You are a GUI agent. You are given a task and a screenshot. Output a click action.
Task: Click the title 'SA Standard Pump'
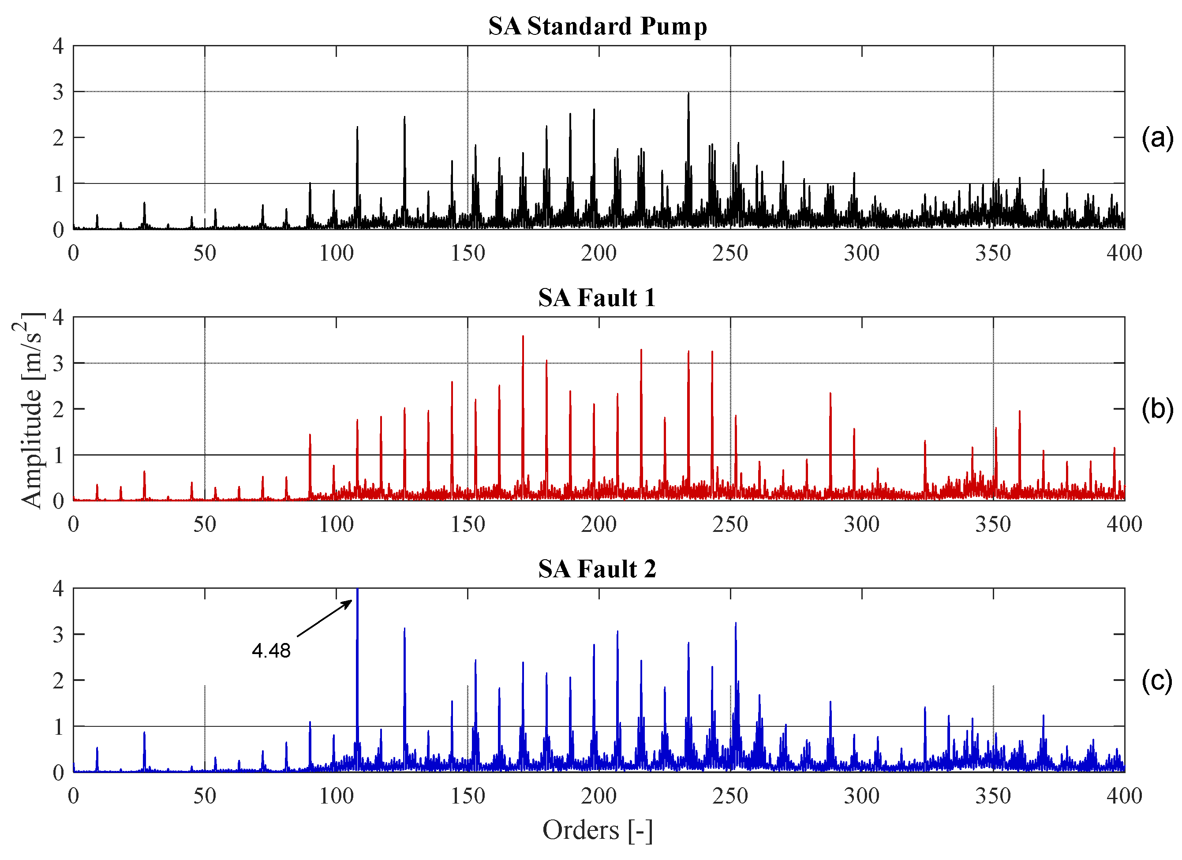[x=597, y=26]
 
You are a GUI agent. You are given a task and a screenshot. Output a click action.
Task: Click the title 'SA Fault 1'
[x=597, y=298]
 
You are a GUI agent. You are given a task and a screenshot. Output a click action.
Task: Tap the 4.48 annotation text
[x=271, y=651]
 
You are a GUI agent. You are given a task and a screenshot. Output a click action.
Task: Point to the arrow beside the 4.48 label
[x=324, y=618]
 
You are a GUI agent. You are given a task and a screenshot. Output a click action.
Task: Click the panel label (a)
[x=1157, y=138]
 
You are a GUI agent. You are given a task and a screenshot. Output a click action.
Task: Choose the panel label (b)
[x=1157, y=409]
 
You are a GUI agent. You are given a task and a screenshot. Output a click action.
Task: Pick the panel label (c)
[x=1157, y=681]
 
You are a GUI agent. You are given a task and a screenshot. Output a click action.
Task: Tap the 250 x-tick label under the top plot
[x=730, y=253]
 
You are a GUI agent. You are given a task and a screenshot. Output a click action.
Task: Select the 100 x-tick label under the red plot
[x=336, y=524]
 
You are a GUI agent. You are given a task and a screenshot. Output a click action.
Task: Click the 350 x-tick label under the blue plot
[x=993, y=796]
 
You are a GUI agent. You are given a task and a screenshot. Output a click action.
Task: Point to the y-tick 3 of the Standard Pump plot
[x=58, y=92]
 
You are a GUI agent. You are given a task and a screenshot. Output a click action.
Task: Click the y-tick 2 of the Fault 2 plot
[x=58, y=681]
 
